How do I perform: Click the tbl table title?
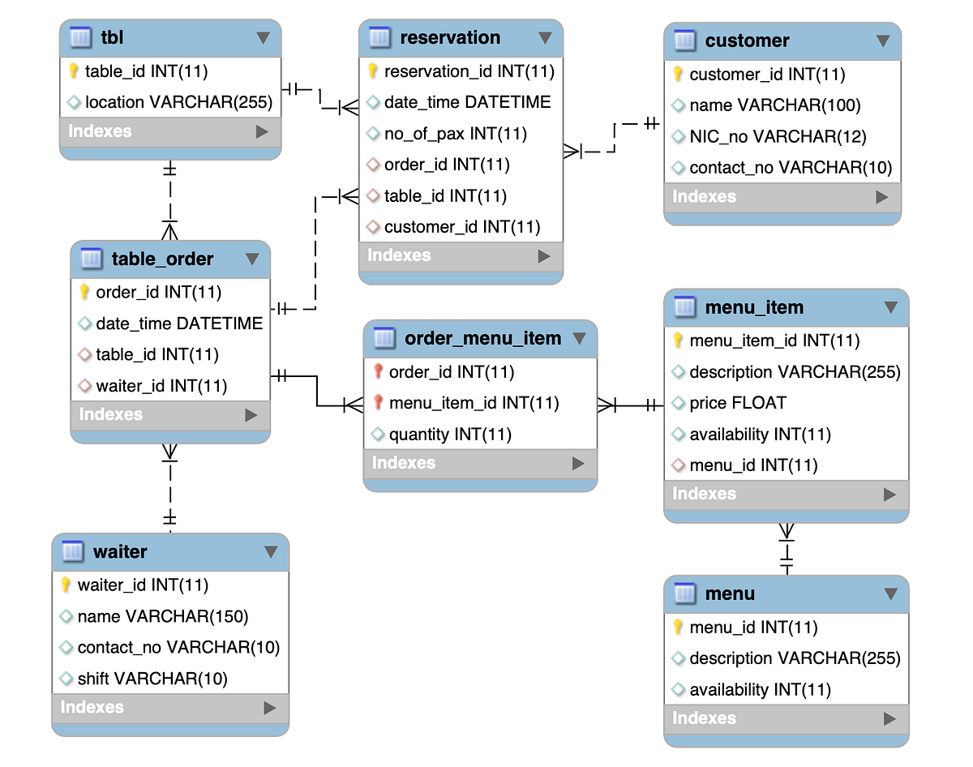112,37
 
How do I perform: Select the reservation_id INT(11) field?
469,71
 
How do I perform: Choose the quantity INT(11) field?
450,435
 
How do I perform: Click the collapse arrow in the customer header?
883,41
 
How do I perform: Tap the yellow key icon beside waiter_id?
66,585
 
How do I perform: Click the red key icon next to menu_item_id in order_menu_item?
378,403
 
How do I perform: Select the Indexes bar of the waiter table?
170,707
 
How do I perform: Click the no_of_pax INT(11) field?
455,134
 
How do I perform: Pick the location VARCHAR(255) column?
178,102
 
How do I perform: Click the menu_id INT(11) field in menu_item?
752,465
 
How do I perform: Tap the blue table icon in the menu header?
685,593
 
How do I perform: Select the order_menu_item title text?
482,338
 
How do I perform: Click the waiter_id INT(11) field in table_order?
161,386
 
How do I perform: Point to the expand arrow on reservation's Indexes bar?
544,256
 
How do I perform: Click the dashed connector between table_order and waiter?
169,488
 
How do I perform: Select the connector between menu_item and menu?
786,549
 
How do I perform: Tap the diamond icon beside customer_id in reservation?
373,227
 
